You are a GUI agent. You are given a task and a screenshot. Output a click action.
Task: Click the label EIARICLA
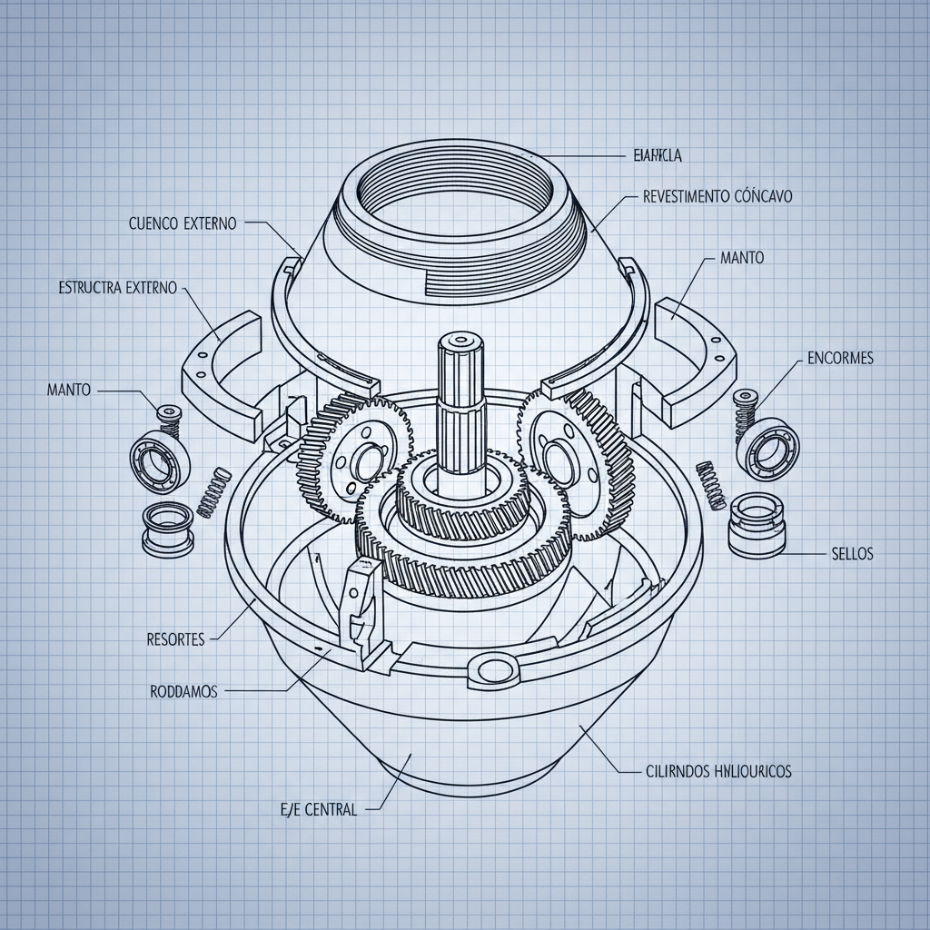click(x=656, y=156)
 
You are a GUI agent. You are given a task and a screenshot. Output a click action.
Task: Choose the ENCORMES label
click(x=840, y=358)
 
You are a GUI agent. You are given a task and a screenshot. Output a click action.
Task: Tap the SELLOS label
click(x=852, y=553)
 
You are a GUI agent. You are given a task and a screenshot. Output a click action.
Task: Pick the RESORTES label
click(x=175, y=638)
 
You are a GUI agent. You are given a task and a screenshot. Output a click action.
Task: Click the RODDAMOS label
click(x=183, y=691)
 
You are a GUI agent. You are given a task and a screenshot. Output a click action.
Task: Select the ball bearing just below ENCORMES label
click(x=767, y=446)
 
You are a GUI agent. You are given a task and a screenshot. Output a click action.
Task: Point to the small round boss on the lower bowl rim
click(x=495, y=670)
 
